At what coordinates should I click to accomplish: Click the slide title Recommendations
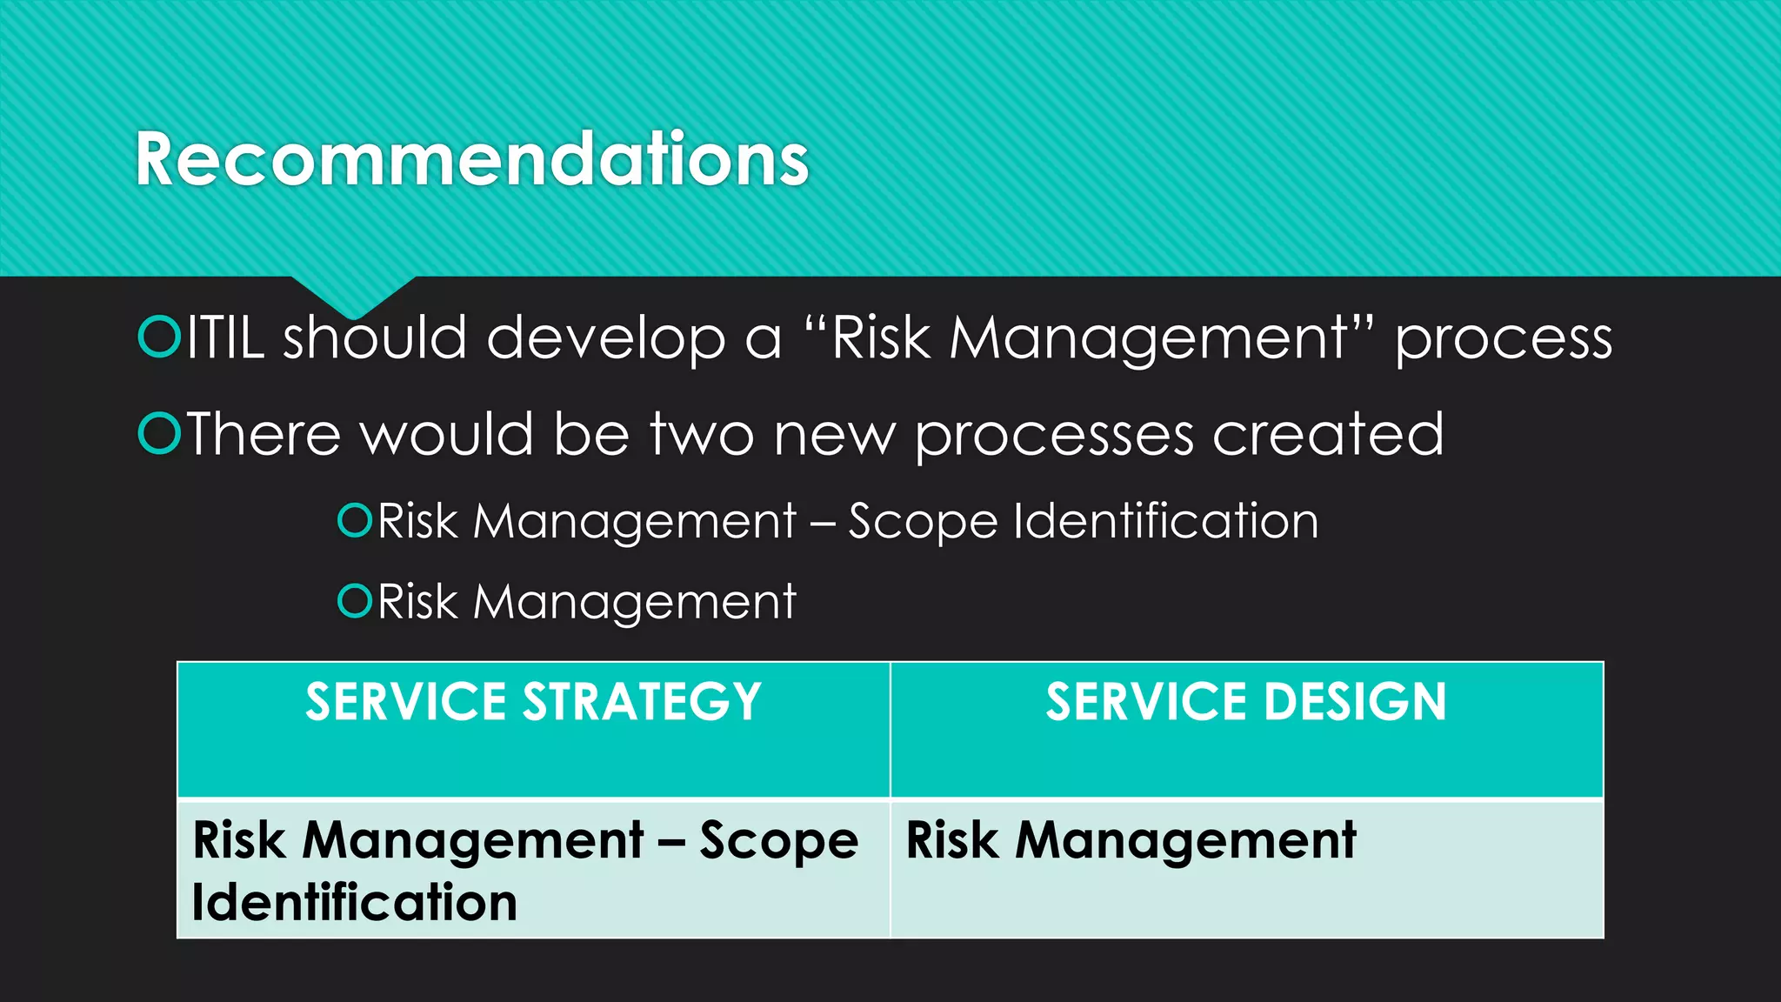click(472, 159)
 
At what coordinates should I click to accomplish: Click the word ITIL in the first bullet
click(225, 338)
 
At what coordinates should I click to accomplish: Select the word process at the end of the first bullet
click(1504, 340)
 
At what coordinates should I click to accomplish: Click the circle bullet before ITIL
click(159, 338)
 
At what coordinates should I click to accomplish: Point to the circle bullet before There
click(159, 434)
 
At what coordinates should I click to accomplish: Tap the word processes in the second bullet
click(1054, 436)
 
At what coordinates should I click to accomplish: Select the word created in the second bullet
click(1328, 434)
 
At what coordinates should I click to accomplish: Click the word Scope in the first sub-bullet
click(922, 523)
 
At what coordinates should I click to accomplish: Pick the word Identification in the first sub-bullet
click(1165, 521)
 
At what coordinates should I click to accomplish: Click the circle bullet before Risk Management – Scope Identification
click(355, 520)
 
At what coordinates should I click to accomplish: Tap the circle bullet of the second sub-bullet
click(355, 600)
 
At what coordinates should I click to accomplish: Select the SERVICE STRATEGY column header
click(533, 703)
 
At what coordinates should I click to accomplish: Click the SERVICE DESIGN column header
click(1246, 703)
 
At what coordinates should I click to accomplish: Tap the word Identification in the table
click(355, 902)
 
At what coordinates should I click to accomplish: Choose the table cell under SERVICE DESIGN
click(1246, 868)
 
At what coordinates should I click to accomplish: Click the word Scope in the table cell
click(778, 841)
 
